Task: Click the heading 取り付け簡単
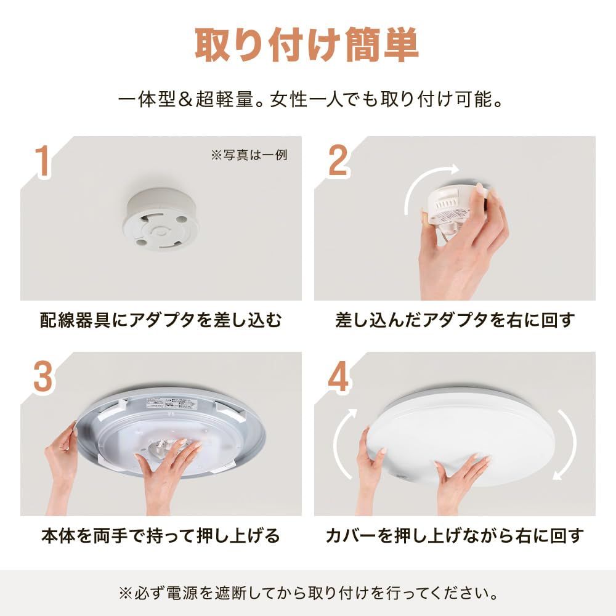tap(307, 44)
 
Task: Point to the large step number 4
tap(338, 377)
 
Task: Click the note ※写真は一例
tap(249, 155)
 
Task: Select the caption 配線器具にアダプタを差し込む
tap(161, 320)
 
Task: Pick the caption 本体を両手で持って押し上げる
tap(161, 535)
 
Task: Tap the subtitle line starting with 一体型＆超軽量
tap(307, 100)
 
